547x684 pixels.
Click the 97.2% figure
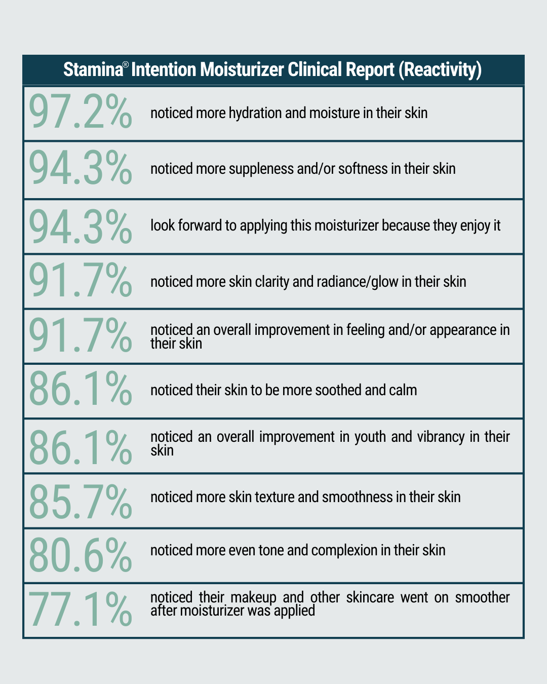[x=80, y=111]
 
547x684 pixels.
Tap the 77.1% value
[x=80, y=610]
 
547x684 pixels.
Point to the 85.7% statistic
[x=80, y=502]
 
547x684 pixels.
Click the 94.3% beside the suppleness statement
[x=80, y=168]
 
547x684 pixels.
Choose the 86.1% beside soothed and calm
[x=80, y=389]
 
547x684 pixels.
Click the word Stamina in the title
[x=93, y=69]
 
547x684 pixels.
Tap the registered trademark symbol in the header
[x=126, y=65]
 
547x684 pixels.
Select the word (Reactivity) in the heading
[x=440, y=69]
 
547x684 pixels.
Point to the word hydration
[x=255, y=112]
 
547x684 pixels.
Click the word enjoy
[x=475, y=225]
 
